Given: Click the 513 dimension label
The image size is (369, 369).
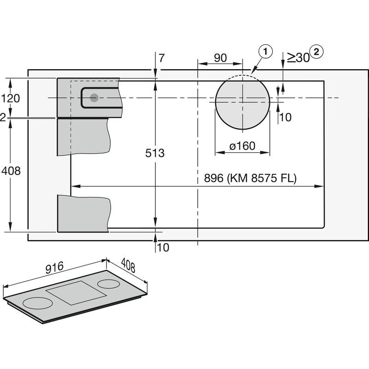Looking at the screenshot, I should [155, 153].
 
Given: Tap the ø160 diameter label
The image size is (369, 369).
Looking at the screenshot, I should [242, 146].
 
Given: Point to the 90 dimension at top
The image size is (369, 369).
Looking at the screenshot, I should [220, 58].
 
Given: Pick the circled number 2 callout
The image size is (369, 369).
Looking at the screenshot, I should [317, 52].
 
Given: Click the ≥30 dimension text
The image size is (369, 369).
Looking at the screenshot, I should [298, 57].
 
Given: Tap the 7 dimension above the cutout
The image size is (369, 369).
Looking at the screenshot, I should [161, 58].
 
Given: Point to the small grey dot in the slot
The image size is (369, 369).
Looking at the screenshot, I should [94, 97].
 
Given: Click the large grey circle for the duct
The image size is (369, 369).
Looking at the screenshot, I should [242, 102].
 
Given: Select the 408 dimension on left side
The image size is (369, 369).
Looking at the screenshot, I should [11, 171].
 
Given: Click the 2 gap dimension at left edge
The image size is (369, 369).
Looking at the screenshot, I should [3, 118].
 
